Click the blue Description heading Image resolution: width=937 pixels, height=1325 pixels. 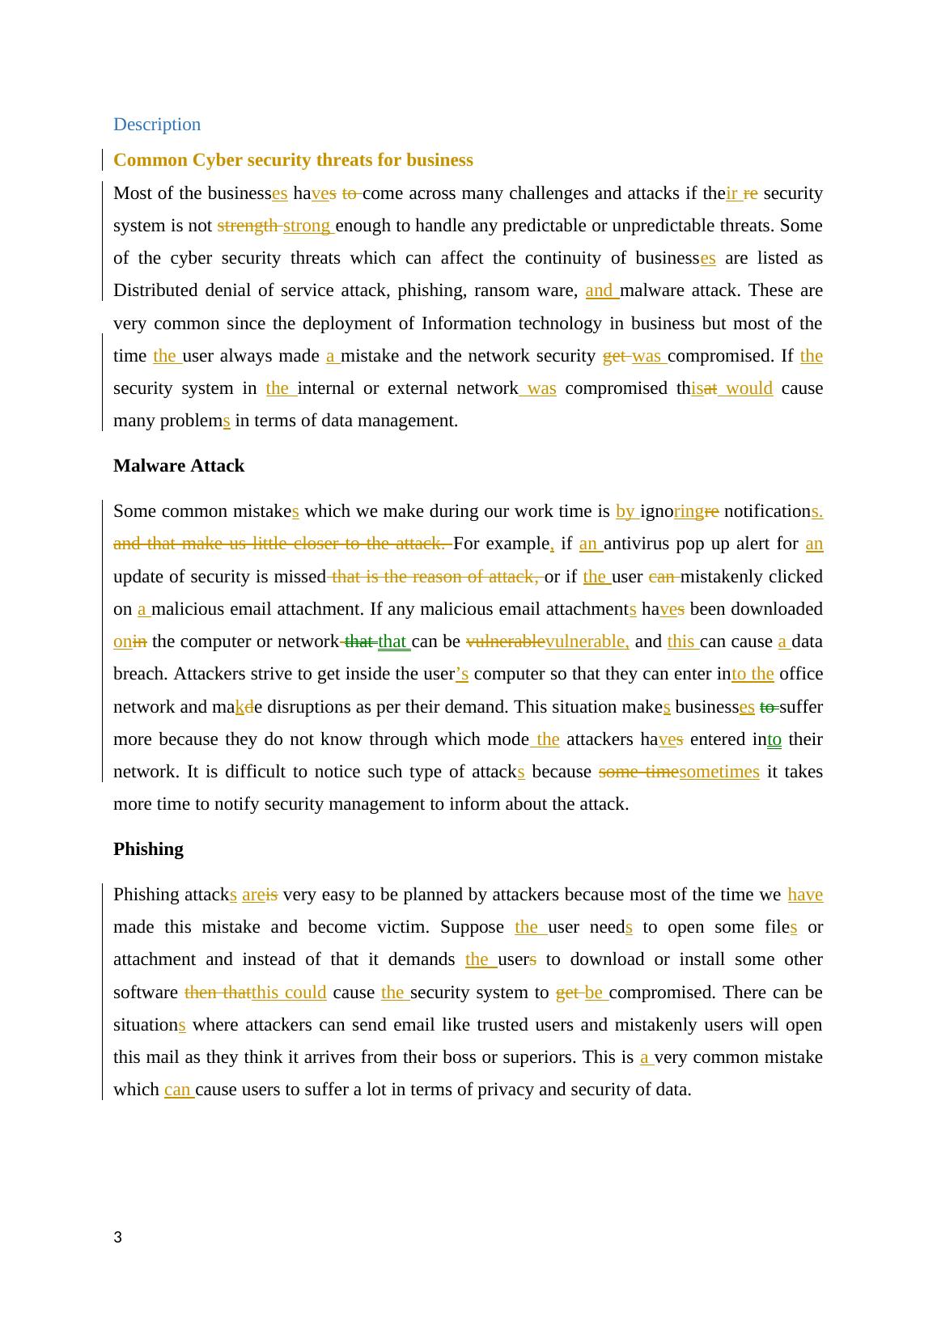157,125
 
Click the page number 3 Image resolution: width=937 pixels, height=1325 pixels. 118,1237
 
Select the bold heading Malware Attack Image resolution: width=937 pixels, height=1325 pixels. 179,466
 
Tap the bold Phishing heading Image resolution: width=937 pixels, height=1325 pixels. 148,849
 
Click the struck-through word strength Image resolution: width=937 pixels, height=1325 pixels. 248,226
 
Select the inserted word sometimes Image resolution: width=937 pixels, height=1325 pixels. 719,772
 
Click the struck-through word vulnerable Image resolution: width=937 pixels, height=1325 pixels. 506,641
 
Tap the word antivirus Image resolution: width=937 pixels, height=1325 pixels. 638,544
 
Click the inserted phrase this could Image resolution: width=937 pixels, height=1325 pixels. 289,993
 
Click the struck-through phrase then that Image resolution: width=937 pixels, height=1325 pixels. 217,993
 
